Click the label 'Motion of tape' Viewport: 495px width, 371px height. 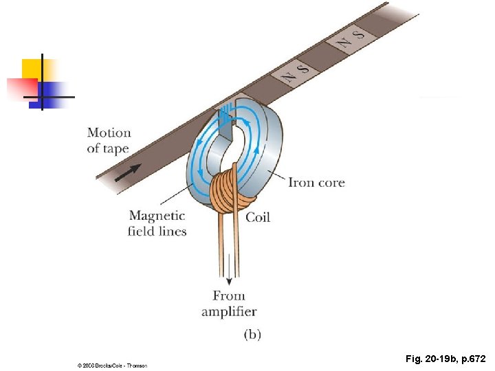(x=109, y=140)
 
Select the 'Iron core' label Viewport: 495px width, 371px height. (x=316, y=182)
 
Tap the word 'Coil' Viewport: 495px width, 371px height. (x=258, y=217)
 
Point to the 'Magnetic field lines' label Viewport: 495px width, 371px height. (x=157, y=224)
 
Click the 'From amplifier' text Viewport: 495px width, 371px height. (x=229, y=304)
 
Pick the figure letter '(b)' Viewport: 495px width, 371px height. (x=252, y=335)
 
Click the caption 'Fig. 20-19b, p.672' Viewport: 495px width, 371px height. (x=445, y=359)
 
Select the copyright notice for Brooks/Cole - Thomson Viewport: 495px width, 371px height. (x=112, y=366)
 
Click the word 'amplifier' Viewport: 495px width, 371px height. (x=229, y=312)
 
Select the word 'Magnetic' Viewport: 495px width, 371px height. (x=157, y=216)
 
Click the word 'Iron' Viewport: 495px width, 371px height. (x=300, y=182)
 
